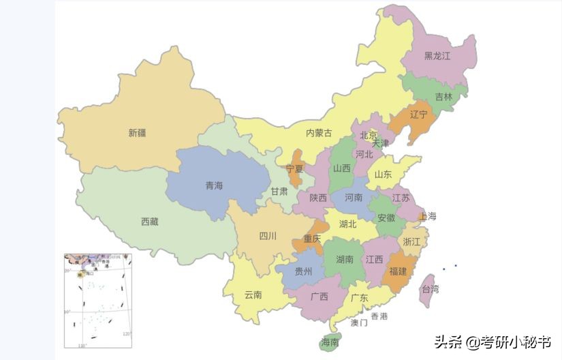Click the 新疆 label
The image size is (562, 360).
pos(137,133)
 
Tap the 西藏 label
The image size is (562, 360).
pos(149,222)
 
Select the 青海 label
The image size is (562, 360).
pos(214,185)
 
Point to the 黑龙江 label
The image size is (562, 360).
pos(437,56)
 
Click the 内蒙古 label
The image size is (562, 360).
pos(319,133)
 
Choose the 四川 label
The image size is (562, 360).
pos(268,237)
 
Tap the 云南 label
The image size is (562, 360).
pos(253,295)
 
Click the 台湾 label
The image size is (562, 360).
pos(430,288)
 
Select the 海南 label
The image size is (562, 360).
pos(330,342)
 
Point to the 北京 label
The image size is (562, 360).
pos(369,135)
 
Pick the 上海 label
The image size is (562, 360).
pos(427,216)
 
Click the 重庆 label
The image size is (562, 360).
pos(312,239)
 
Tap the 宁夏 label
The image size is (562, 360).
pos(294,168)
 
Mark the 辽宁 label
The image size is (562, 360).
pos(419,114)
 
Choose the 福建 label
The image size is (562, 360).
pos(398,271)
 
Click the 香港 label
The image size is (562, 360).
pos(379,316)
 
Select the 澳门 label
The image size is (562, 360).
pos(358,322)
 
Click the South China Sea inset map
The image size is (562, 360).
pos(99,300)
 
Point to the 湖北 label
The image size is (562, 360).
pos(347,224)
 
